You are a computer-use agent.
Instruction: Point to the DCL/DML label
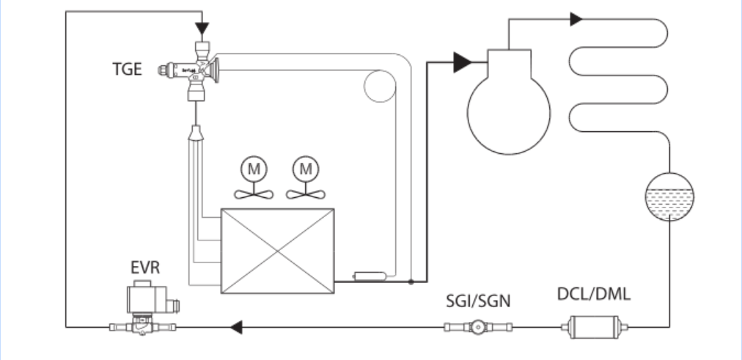[x=593, y=296]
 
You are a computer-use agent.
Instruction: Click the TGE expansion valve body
[x=200, y=70]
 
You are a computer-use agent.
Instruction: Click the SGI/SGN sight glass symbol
[x=477, y=326]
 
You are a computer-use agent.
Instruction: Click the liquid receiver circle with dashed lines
[x=669, y=197]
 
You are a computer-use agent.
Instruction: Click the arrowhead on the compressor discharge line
[x=576, y=18]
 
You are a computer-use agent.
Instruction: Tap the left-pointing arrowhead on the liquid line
[x=236, y=326]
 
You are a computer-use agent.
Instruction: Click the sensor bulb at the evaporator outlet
[x=364, y=276]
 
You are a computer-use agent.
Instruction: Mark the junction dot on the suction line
[x=411, y=281]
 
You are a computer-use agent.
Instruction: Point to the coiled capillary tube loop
[x=378, y=86]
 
